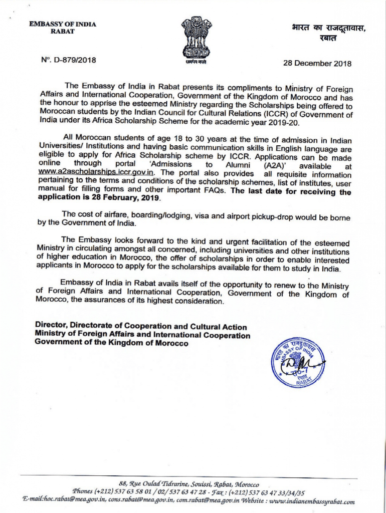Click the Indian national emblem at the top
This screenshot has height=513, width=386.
tap(197, 40)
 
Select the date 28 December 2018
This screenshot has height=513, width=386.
tap(317, 64)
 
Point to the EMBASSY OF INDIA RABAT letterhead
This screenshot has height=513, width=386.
tap(63, 28)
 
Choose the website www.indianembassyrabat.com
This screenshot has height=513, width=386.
tap(308, 501)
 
